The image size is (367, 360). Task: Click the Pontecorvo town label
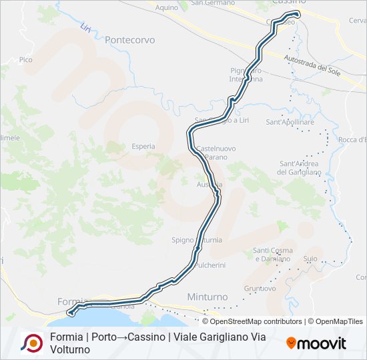129,40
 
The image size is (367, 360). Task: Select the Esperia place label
143,146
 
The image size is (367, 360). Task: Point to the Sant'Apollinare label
290,123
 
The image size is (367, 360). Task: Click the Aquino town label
166,8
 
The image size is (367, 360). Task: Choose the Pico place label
26,60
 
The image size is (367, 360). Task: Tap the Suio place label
310,258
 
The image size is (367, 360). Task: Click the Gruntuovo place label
260,289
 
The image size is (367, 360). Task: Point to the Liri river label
85,28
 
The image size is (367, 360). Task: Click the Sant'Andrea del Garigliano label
300,167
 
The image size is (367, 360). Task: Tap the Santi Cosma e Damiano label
272,254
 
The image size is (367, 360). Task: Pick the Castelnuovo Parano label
212,152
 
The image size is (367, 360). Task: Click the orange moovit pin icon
291,343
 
